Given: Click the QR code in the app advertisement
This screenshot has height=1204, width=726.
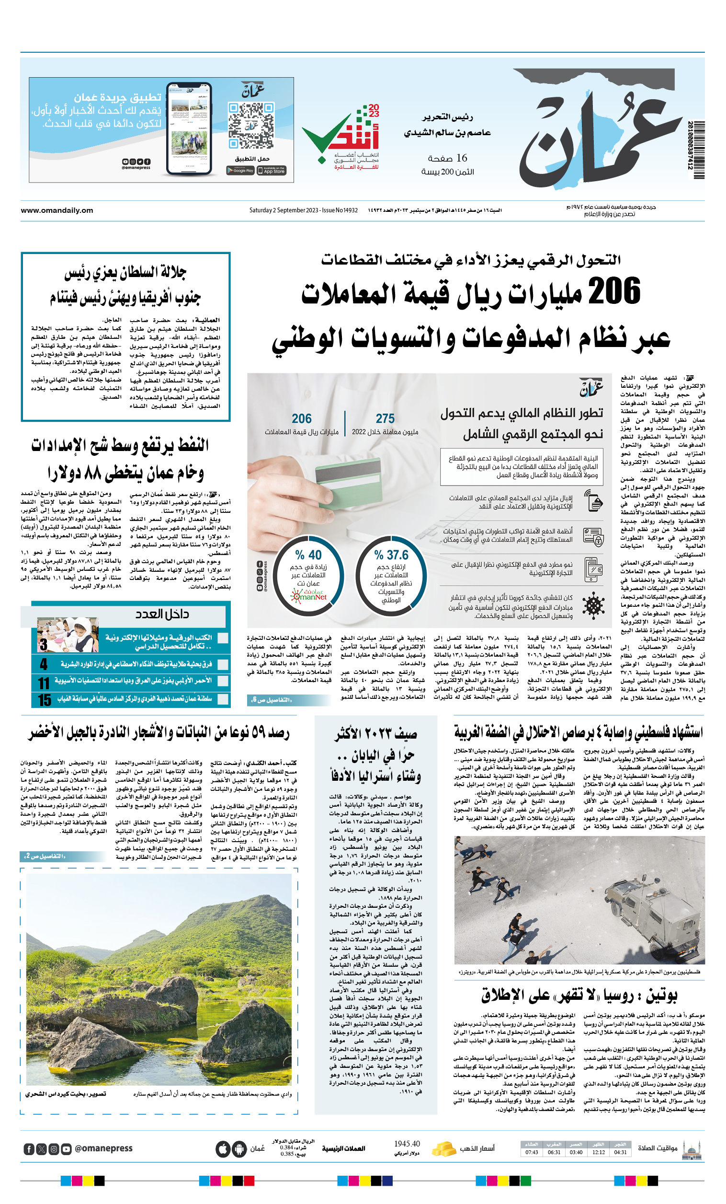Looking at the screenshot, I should click(251, 125).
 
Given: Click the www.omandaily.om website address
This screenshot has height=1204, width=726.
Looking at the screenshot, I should click(57, 210).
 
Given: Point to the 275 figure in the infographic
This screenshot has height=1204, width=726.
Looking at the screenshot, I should click(385, 419).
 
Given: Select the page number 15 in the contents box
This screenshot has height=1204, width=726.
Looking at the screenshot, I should click(45, 700).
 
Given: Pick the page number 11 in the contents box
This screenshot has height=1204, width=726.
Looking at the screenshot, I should click(44, 683).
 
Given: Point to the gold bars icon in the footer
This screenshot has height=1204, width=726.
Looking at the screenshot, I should click(444, 1148).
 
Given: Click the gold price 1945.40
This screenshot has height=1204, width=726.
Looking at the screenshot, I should click(407, 1144).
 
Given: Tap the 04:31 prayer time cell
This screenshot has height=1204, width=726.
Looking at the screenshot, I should click(620, 1152).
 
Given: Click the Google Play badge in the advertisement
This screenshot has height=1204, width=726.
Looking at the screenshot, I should click(240, 171).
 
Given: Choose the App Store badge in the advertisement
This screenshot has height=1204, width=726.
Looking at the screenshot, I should click(272, 171).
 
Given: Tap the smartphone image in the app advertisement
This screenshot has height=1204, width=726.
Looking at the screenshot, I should click(189, 128).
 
